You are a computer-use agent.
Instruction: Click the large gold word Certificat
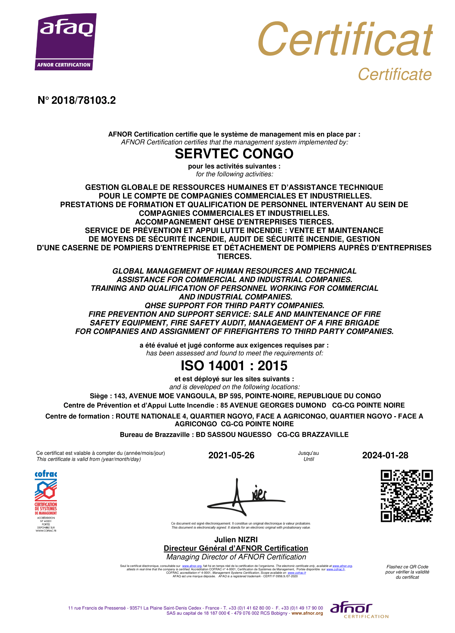pos(345,39)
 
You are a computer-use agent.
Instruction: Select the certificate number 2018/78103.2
pos(83,100)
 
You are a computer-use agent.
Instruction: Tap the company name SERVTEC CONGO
pos(234,153)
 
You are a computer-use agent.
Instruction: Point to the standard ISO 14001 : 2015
pos(234,365)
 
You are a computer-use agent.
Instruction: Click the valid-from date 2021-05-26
pos(231,455)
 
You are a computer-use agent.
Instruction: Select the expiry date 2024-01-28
pos(385,455)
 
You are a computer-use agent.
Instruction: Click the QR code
pos(407,496)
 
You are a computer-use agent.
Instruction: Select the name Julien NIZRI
pos(236,540)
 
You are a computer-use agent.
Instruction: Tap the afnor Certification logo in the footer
pos(359,609)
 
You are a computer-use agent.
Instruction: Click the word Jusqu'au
pos(308,453)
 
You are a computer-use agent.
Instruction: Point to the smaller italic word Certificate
pos(394,74)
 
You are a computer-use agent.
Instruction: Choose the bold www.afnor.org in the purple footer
pos(307,613)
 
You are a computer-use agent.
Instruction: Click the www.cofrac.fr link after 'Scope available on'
pos(297,572)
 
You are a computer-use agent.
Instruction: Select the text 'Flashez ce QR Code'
pos(407,567)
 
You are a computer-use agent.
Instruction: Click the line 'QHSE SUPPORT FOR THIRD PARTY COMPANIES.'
pos(234,305)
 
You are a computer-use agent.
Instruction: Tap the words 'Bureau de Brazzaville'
pos(154,435)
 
